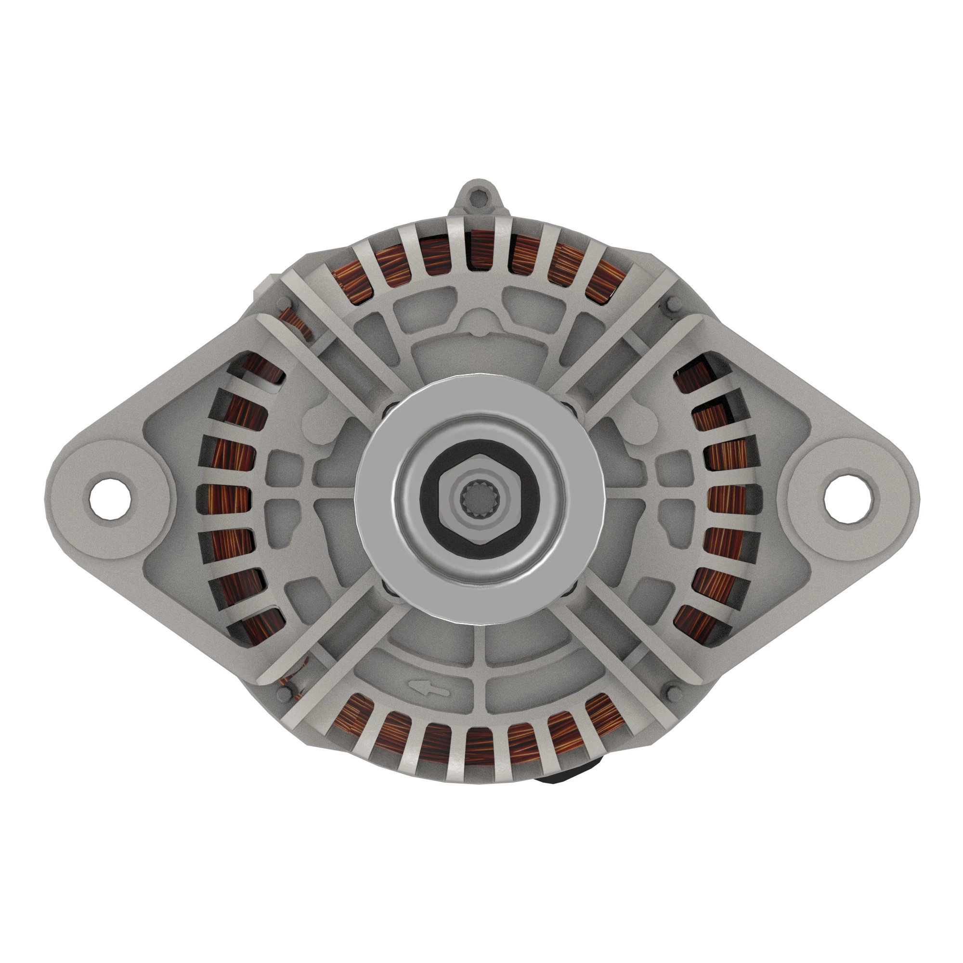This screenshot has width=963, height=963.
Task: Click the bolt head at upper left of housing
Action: pyautogui.click(x=284, y=302)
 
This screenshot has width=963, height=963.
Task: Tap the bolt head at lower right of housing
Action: pyautogui.click(x=671, y=692)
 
